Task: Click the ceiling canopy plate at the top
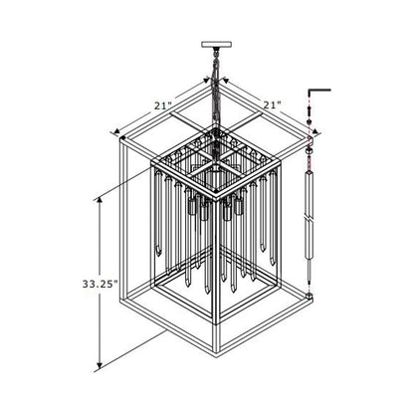click(215, 44)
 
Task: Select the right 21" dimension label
click(272, 103)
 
